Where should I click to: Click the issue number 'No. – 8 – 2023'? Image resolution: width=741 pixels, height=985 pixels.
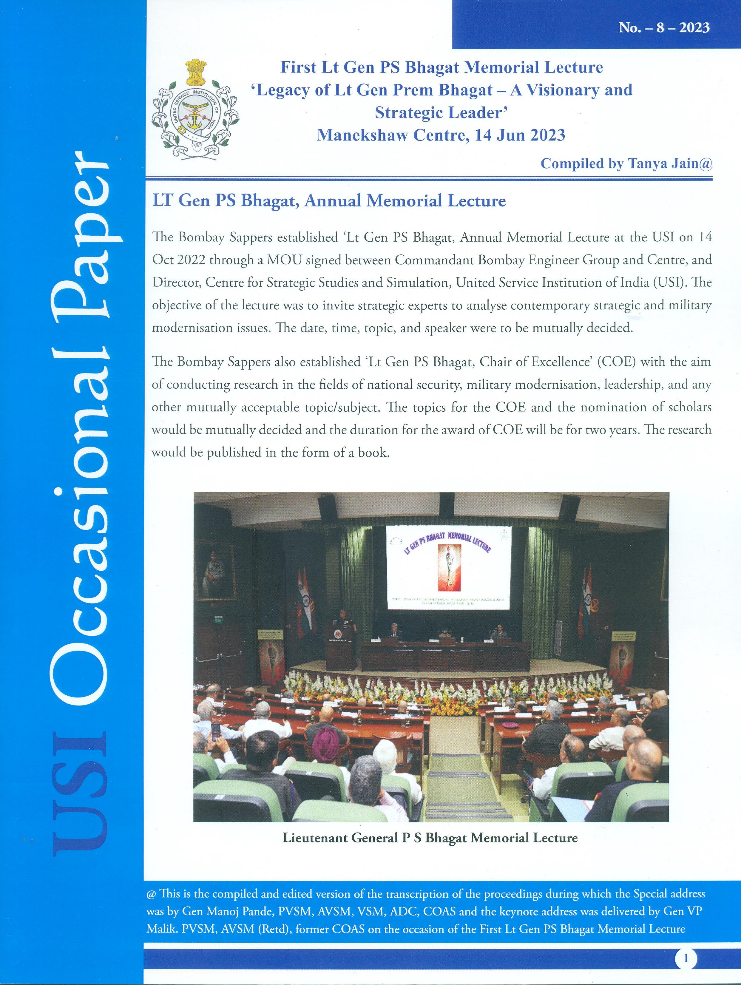pos(663,28)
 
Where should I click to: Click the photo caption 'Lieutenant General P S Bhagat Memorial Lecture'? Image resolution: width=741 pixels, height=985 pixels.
pos(430,838)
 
